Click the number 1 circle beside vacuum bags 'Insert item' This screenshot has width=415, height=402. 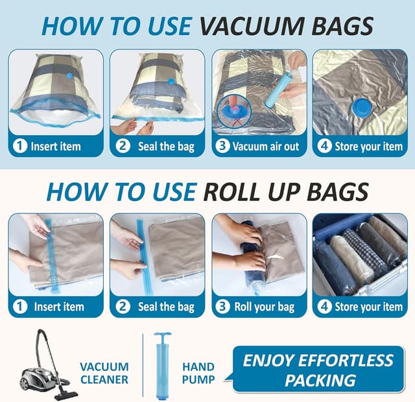point(19,146)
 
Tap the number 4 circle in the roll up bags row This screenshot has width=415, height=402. point(324,307)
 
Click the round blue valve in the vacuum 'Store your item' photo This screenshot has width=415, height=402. point(358,107)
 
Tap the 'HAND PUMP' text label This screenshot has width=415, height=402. point(198,373)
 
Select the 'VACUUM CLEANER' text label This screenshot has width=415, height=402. point(104,373)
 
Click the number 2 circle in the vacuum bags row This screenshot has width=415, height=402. point(123,146)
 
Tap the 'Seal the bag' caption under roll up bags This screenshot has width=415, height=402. point(165,307)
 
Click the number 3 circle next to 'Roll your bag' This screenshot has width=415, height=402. point(223,307)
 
